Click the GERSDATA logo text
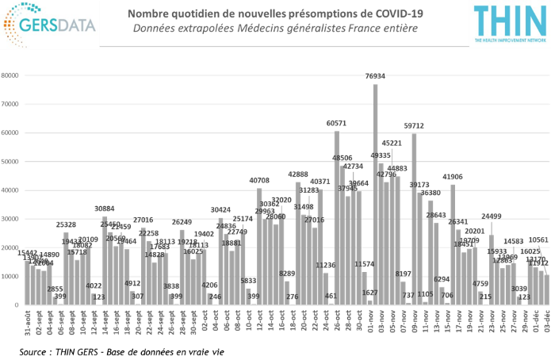pyautogui.click(x=62, y=24)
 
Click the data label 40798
pyautogui.click(x=259, y=181)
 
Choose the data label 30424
pyautogui.click(x=220, y=209)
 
